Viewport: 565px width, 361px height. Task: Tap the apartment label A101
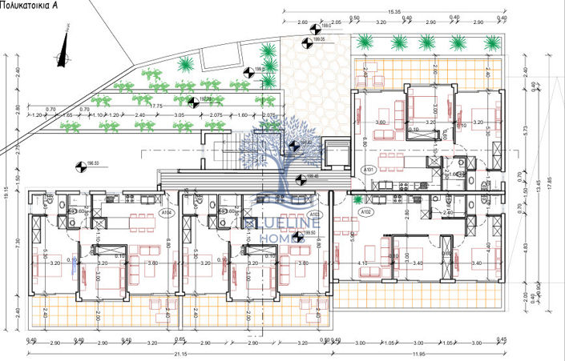pos(368,170)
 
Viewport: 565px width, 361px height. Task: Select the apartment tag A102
pos(365,212)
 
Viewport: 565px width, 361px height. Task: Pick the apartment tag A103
pos(315,214)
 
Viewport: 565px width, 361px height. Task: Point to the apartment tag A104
pos(167,213)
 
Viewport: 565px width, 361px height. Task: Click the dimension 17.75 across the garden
pos(156,105)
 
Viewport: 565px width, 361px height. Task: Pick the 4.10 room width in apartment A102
pos(362,263)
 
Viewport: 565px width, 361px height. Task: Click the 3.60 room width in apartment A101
pos(381,122)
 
